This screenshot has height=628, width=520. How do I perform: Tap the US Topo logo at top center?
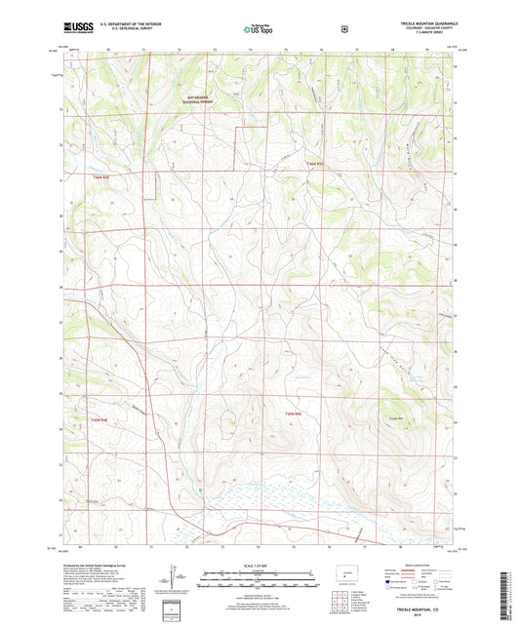tap(258, 30)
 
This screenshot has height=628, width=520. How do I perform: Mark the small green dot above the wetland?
tap(200, 490)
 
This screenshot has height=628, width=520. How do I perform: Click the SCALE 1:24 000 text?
tap(259, 566)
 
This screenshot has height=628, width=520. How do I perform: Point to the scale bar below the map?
tap(259, 576)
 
